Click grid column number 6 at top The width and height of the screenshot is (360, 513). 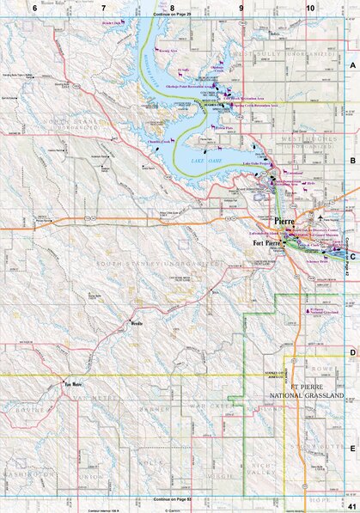pyautogui.click(x=34, y=7)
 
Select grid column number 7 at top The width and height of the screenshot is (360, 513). pyautogui.click(x=104, y=7)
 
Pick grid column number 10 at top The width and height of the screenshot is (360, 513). pyautogui.click(x=308, y=7)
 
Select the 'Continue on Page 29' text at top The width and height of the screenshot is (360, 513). pyautogui.click(x=172, y=15)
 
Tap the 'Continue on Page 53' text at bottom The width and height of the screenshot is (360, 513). pyautogui.click(x=172, y=499)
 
